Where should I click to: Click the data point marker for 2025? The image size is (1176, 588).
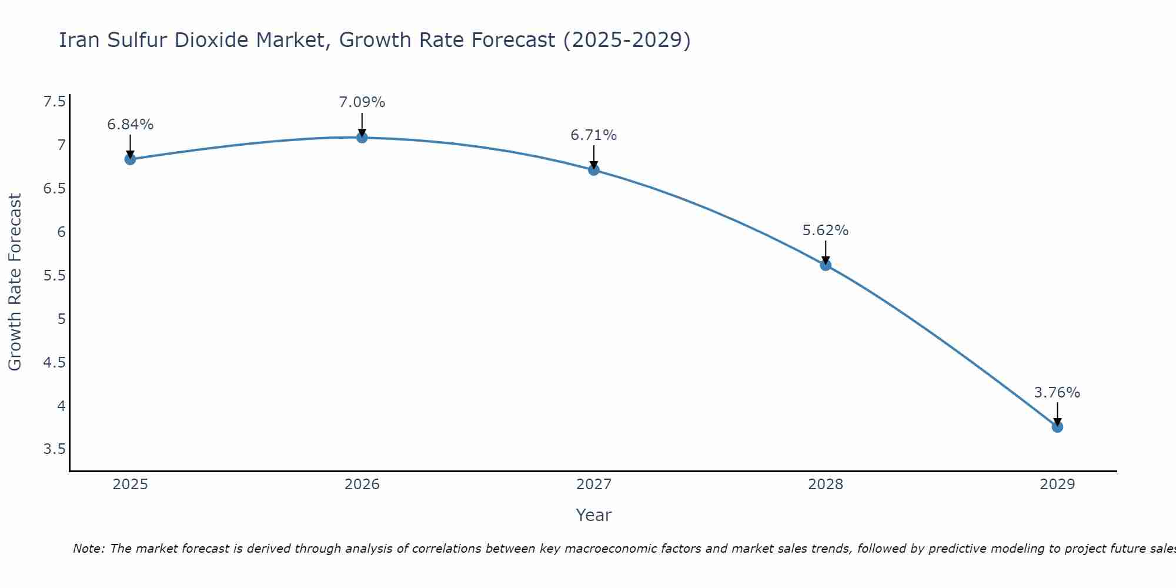(x=130, y=159)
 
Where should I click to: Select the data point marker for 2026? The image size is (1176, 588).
(x=362, y=138)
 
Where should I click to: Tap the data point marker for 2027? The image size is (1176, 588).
(x=593, y=170)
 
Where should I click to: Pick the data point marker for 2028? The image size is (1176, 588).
(x=825, y=265)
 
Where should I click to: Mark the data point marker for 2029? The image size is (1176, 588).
(x=1057, y=427)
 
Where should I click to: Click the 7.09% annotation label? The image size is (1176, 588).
(x=362, y=102)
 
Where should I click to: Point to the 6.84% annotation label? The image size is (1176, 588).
(x=130, y=125)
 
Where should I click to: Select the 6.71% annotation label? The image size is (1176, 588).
(x=593, y=135)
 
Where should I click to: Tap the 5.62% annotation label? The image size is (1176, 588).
(x=825, y=230)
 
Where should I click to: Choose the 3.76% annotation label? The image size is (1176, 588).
(x=1057, y=393)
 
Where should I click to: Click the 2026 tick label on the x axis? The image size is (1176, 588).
(x=362, y=485)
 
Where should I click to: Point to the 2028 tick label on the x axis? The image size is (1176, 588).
(x=825, y=485)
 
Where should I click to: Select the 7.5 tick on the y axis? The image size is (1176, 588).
(x=54, y=102)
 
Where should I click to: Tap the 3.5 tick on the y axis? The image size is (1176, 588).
(x=54, y=449)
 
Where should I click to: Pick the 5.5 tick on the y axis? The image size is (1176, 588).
(x=54, y=276)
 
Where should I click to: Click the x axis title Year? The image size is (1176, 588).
(x=593, y=515)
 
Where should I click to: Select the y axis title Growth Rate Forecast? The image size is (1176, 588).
(x=15, y=282)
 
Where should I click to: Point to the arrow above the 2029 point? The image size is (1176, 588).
(x=1057, y=414)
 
